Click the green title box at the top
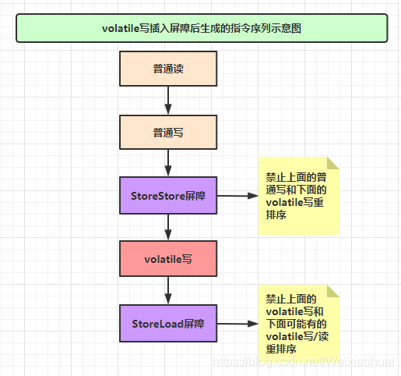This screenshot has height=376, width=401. (202, 27)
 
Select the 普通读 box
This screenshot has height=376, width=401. (168, 69)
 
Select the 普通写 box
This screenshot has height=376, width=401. (168, 133)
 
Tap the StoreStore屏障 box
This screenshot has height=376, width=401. (168, 196)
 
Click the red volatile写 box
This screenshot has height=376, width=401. (168, 259)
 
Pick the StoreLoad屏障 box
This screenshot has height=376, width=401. (168, 323)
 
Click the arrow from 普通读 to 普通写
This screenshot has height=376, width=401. (168, 101)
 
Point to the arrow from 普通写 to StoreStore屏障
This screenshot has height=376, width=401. (168, 164)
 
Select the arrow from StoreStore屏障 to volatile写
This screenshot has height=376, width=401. (168, 227)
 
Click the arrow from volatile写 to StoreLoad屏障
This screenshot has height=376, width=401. (168, 291)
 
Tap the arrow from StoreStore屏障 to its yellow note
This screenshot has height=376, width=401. (237, 196)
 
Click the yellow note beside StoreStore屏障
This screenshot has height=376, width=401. (299, 196)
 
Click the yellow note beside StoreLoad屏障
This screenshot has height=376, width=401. (299, 323)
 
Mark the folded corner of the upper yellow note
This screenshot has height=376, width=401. (334, 162)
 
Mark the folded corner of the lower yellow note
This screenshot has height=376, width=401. (334, 290)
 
